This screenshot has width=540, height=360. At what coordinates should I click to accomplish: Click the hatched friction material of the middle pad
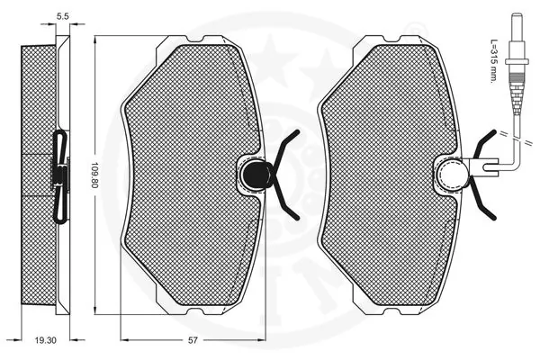184,171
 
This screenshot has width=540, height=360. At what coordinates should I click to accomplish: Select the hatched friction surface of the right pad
382,171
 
